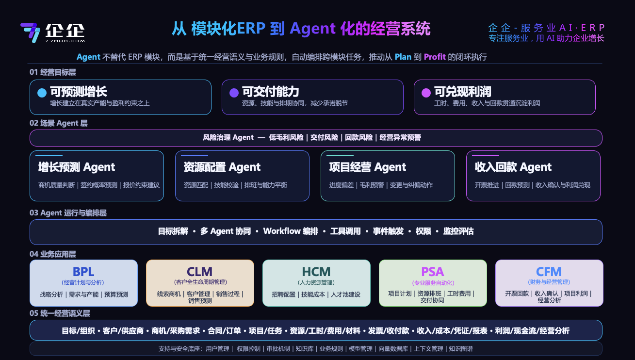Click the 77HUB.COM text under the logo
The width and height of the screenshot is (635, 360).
(x=65, y=41)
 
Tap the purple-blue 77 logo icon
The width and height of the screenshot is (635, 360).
(x=30, y=33)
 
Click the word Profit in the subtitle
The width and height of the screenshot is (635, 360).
(x=435, y=57)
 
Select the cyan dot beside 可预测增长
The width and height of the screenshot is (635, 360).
(x=42, y=93)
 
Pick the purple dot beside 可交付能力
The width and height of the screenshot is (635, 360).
(x=234, y=93)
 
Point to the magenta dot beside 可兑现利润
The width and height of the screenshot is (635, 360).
(x=426, y=93)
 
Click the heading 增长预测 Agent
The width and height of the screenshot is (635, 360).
(x=77, y=167)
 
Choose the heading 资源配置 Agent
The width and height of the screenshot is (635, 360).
(x=222, y=167)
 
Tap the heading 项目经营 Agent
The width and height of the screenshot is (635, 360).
(x=368, y=167)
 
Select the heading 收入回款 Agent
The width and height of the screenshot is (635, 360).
(x=513, y=167)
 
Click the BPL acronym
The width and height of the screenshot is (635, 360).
(x=83, y=272)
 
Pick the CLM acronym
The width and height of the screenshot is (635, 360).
(x=199, y=272)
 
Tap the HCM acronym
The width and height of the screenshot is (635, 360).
(x=316, y=272)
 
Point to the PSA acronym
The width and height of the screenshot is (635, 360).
(x=433, y=272)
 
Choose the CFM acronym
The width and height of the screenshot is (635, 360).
(x=549, y=272)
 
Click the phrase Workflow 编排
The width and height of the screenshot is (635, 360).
(x=291, y=231)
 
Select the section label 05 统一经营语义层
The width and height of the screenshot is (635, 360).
(x=60, y=313)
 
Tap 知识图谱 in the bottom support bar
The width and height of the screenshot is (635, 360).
(x=461, y=349)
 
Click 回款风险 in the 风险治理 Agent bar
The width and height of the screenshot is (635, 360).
(x=358, y=137)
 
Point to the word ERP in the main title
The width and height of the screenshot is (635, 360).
(x=251, y=28)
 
